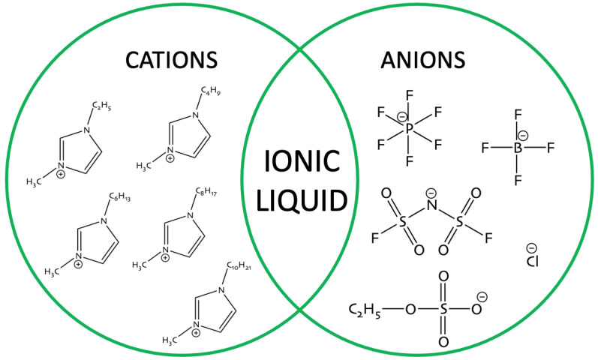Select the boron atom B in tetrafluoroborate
(517, 148)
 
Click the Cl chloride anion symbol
(533, 262)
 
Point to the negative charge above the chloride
(530, 248)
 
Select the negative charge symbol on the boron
(523, 136)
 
